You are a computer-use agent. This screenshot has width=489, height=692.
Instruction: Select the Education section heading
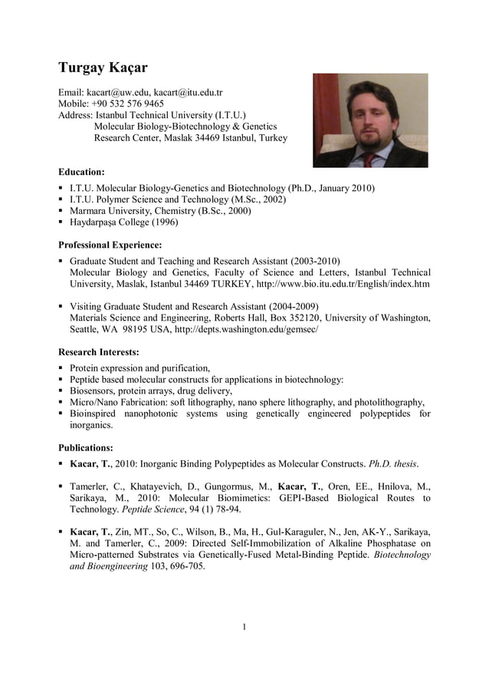point(81,172)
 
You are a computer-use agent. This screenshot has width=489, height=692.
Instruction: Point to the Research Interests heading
point(99,352)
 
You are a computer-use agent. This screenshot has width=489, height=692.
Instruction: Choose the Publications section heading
point(86,447)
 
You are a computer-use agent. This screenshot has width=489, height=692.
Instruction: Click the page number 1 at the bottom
point(244,628)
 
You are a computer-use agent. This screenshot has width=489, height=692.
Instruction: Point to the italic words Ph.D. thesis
point(393,463)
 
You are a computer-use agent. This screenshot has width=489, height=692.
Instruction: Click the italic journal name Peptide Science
point(153,509)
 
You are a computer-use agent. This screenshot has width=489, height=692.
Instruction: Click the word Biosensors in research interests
point(94,390)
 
